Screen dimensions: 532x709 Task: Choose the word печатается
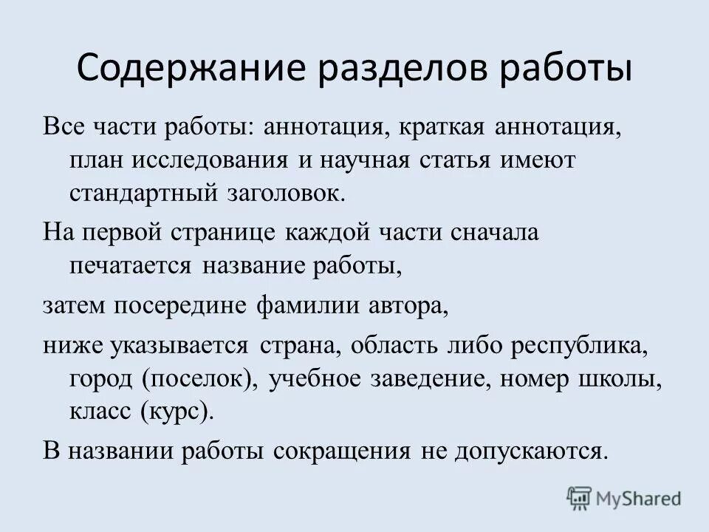coord(130,266)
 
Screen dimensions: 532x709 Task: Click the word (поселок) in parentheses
coord(200,378)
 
